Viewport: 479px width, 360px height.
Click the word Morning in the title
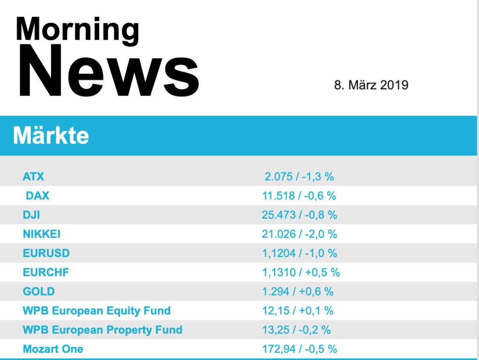(x=77, y=29)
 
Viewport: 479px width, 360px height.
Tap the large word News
(x=109, y=71)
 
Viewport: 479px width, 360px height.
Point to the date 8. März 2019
(x=371, y=85)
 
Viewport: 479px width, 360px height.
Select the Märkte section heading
(x=51, y=136)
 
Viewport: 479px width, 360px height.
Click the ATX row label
(x=34, y=176)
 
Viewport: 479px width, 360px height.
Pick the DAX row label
(x=37, y=196)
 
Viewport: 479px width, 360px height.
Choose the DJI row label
(x=31, y=215)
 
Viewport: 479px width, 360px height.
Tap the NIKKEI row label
(x=42, y=234)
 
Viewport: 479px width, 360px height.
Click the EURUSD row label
(x=46, y=253)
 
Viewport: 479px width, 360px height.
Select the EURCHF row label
(x=46, y=272)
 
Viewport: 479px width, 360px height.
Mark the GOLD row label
(x=39, y=291)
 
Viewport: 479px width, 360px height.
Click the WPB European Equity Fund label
(x=96, y=310)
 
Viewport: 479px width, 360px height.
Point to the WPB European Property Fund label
(x=102, y=330)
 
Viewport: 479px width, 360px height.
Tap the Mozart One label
(x=53, y=349)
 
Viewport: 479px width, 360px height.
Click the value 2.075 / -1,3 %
(x=299, y=176)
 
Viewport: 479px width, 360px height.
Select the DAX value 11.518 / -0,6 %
(x=299, y=196)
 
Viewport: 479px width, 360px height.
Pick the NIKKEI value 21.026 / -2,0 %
(x=299, y=234)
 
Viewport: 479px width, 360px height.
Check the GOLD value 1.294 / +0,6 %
(x=298, y=291)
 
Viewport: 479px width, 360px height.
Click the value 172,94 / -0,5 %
(x=299, y=349)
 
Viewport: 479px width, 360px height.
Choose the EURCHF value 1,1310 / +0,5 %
(x=301, y=272)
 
